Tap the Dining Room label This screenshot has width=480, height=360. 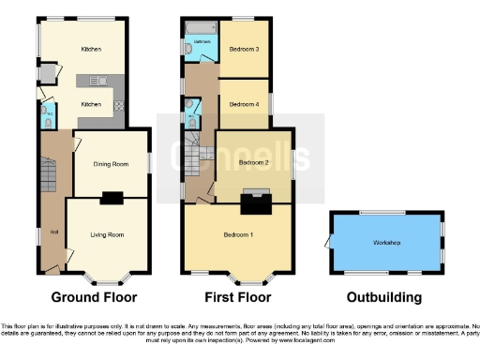tap(110, 165)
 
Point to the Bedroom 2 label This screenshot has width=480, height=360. tap(253, 163)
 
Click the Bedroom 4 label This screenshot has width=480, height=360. tap(245, 104)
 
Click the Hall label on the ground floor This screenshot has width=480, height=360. tap(54, 232)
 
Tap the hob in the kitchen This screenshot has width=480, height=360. tap(119, 105)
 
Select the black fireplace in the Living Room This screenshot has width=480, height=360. tap(111, 197)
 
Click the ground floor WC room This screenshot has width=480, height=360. tap(46, 115)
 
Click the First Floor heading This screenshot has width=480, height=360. tap(239, 297)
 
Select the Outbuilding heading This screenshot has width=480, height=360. tap(383, 297)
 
